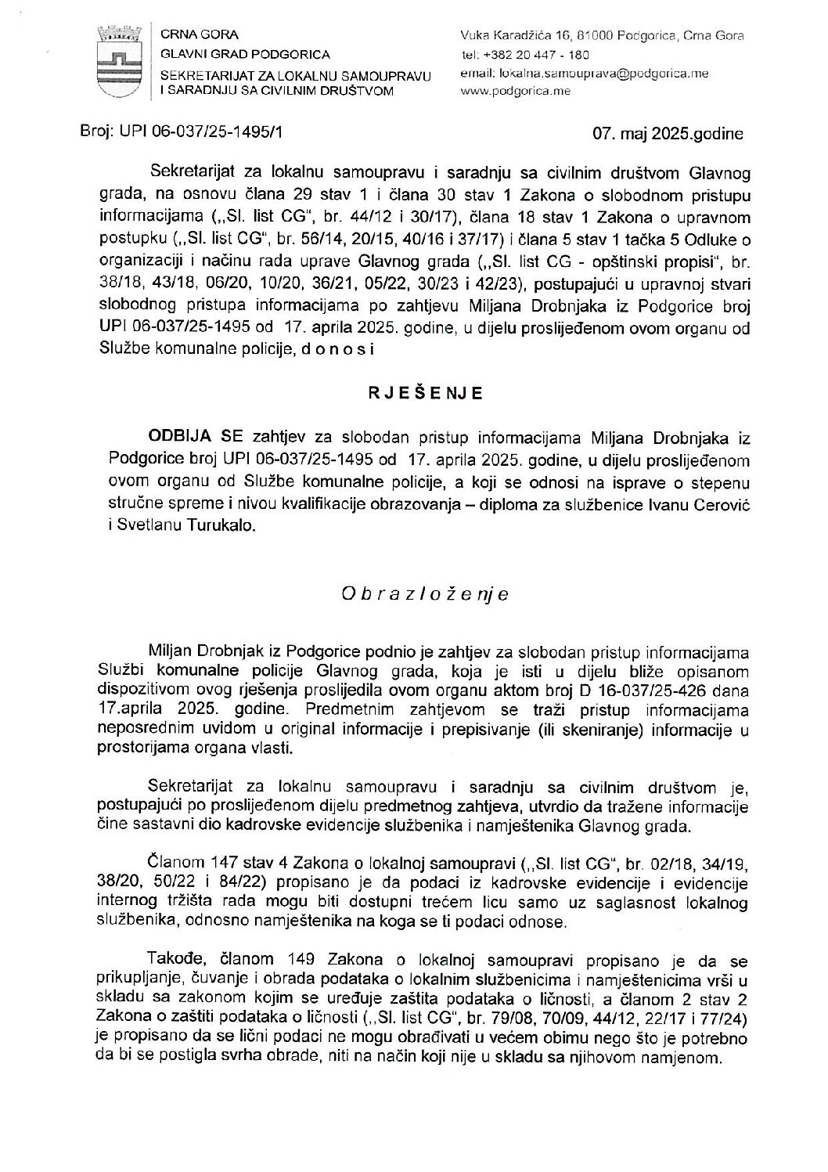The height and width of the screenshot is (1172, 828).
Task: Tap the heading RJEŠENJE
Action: point(426,394)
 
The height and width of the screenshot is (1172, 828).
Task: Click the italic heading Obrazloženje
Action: point(425,594)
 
